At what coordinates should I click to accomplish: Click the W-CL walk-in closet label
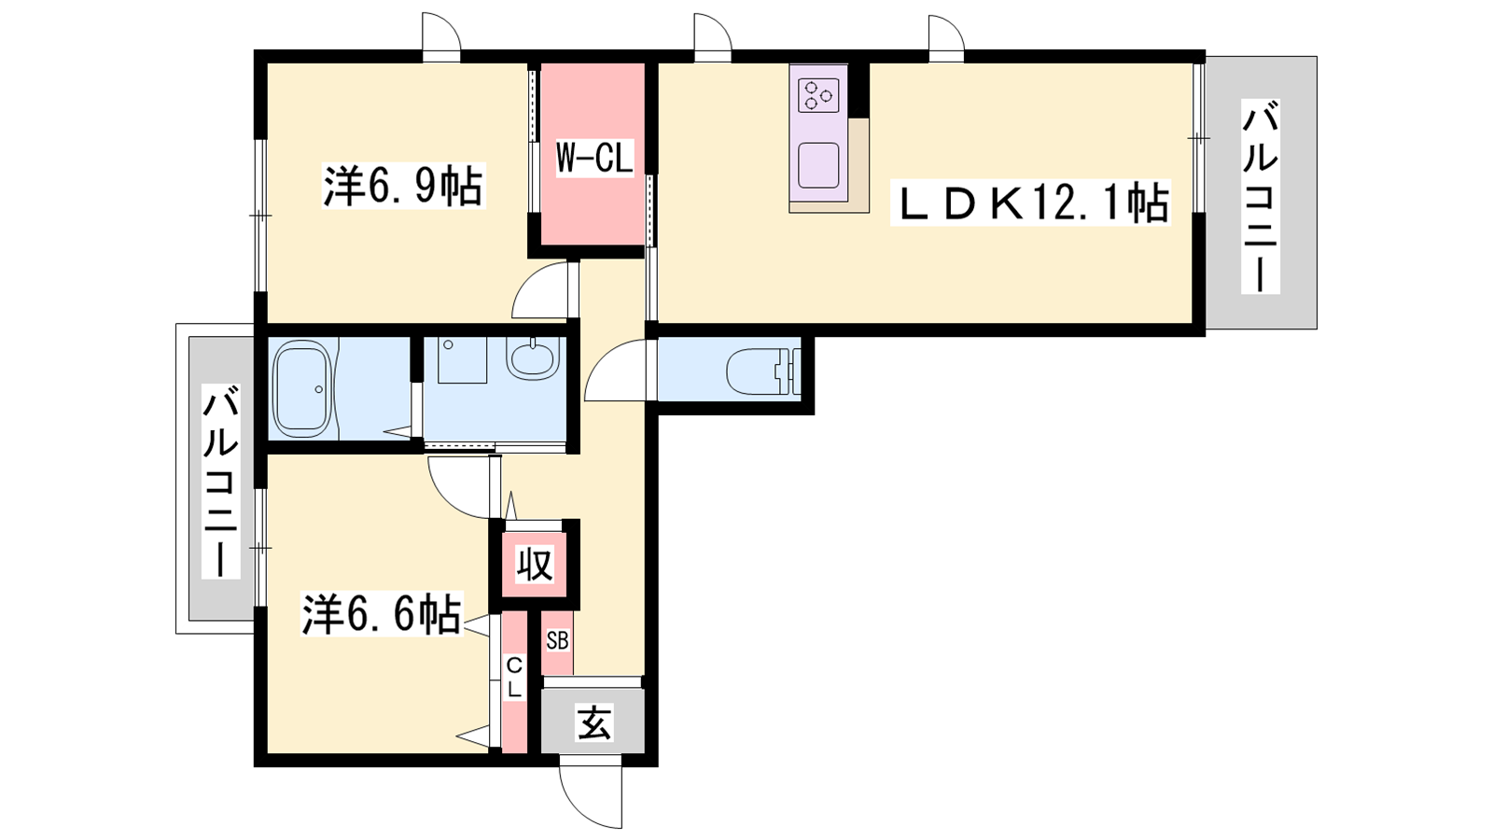coord(593,160)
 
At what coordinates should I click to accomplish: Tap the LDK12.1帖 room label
coord(1030,203)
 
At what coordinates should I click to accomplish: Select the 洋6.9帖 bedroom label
coord(403,186)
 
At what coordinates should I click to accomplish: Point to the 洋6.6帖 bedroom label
coord(382,613)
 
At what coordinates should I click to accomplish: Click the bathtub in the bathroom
coord(304,388)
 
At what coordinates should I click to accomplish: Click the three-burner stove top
coord(818,95)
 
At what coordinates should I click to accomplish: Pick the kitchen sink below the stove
coord(818,165)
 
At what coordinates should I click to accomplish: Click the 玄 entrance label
coord(593,723)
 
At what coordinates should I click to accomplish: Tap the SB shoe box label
coord(557,640)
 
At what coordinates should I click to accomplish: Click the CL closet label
coord(514,678)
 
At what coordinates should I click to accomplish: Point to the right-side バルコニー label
coord(1261,196)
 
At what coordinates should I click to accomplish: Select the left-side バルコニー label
coord(220,481)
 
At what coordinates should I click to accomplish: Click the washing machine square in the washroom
coord(462,360)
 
